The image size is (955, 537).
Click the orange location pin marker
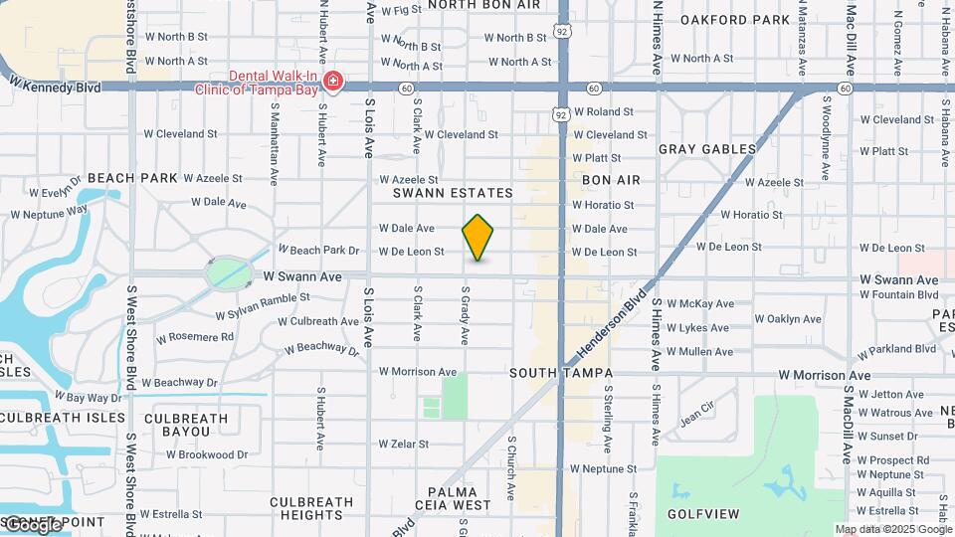(x=478, y=237)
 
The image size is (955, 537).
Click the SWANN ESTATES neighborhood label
(x=453, y=193)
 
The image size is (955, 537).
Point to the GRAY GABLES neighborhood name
(x=707, y=149)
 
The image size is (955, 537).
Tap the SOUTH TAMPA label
(x=560, y=373)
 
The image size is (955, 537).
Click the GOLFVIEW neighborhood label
(x=703, y=514)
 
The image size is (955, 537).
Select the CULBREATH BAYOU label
(x=192, y=425)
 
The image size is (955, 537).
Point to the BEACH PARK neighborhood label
(x=132, y=178)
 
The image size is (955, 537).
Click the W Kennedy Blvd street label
(x=54, y=88)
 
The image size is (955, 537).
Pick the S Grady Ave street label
(x=465, y=317)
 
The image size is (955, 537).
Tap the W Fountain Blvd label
(x=899, y=294)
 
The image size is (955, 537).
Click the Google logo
(x=32, y=524)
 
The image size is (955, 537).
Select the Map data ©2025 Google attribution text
(x=893, y=529)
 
